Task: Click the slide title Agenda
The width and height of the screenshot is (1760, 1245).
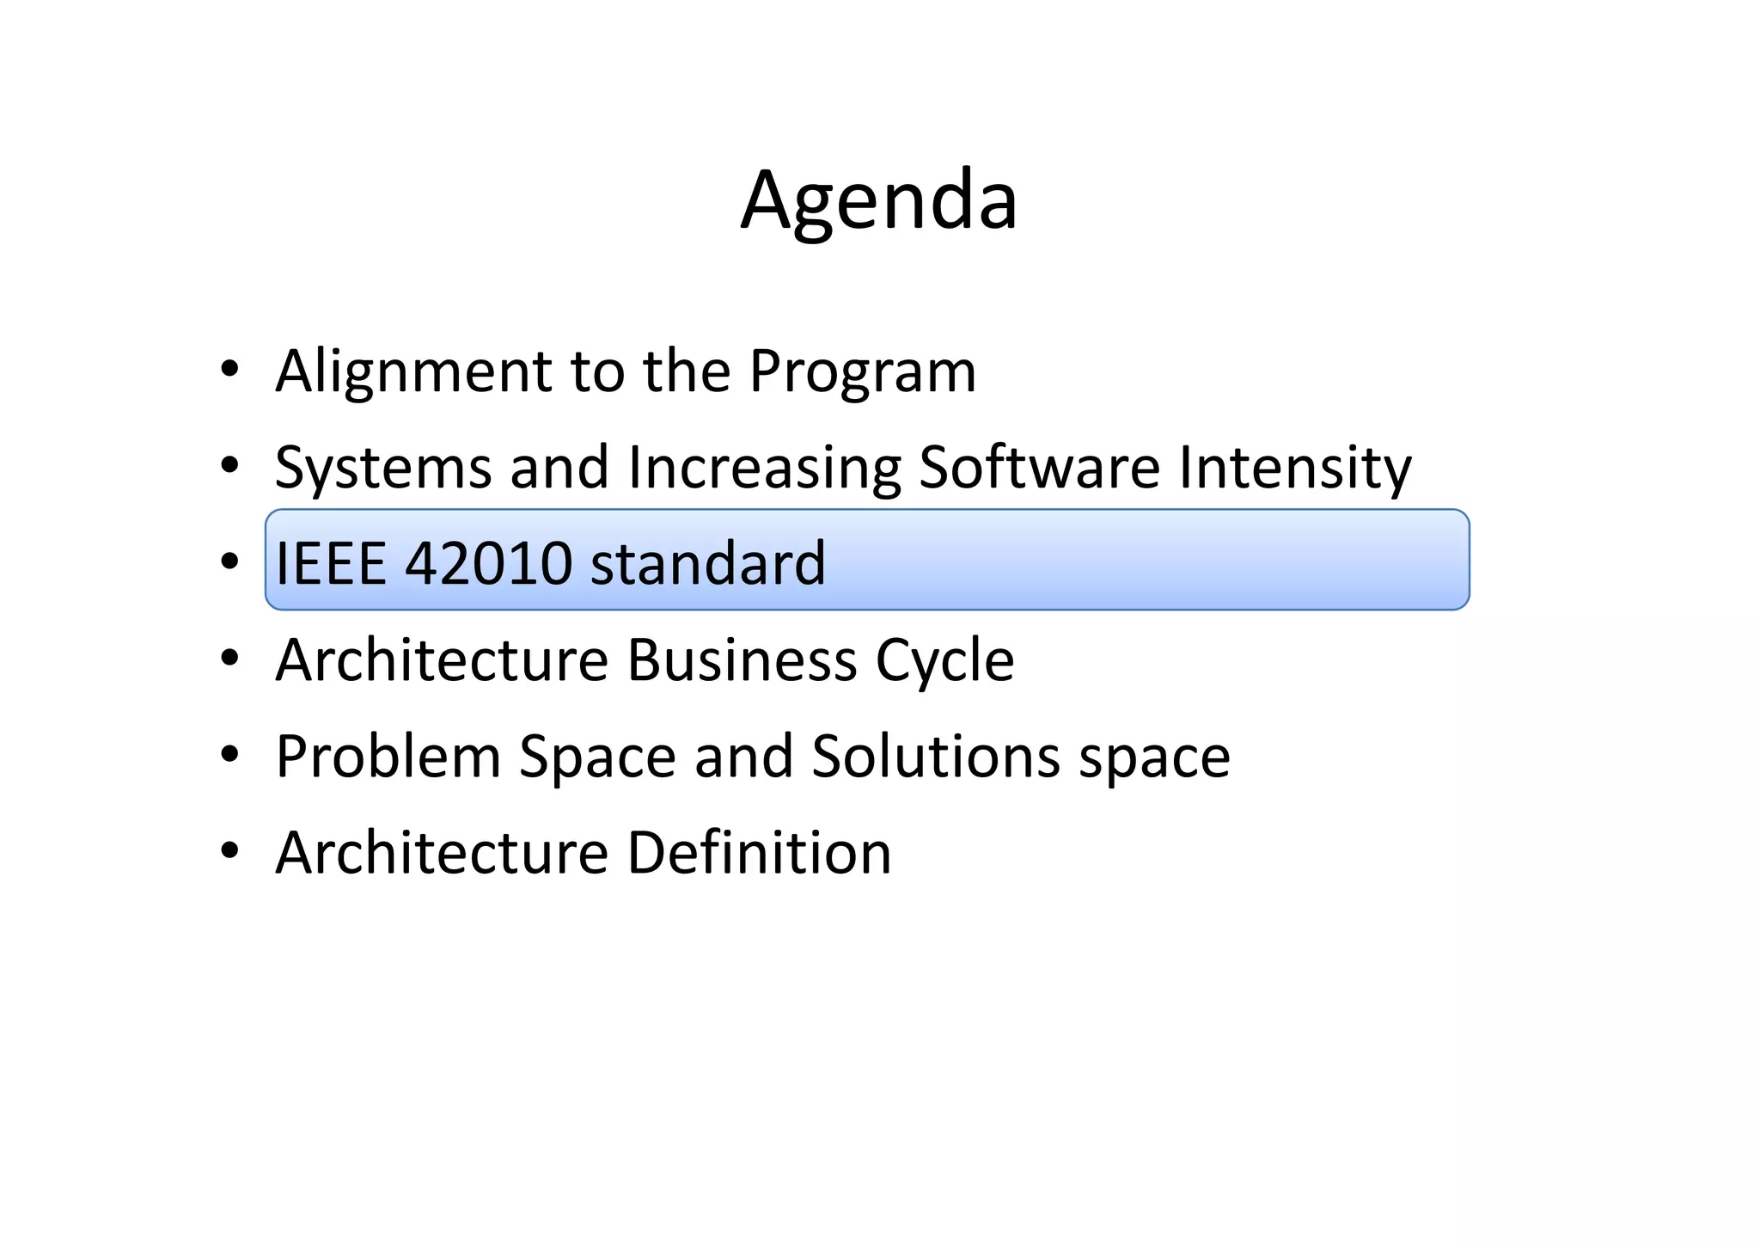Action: pyautogui.click(x=879, y=201)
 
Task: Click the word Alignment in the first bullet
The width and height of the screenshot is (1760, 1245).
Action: pyautogui.click(x=412, y=371)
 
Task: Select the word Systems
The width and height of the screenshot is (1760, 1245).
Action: pyautogui.click(x=383, y=469)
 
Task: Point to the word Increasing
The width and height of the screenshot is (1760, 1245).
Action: pyautogui.click(x=764, y=469)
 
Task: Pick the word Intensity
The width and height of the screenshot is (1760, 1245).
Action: pyautogui.click(x=1295, y=469)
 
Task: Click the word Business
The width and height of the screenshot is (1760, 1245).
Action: pyautogui.click(x=742, y=660)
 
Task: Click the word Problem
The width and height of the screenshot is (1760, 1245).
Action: pyautogui.click(x=388, y=757)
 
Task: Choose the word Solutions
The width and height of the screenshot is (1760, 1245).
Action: pyautogui.click(x=936, y=757)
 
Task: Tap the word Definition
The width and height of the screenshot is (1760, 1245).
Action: pyautogui.click(x=759, y=853)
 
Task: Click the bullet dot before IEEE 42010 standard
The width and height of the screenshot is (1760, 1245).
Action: pyautogui.click(x=229, y=561)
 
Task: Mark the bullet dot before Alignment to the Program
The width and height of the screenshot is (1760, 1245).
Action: pyautogui.click(x=229, y=370)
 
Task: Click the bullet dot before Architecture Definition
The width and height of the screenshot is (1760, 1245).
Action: pyautogui.click(x=229, y=851)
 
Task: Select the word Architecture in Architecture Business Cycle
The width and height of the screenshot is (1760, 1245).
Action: pyautogui.click(x=442, y=660)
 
